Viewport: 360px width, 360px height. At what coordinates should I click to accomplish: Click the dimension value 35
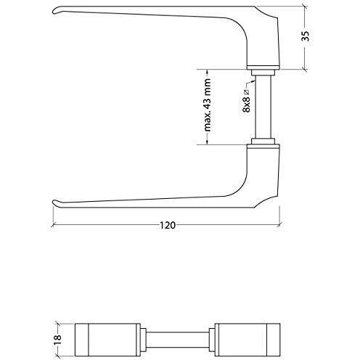306,36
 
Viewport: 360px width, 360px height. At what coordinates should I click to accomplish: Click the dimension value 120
168,226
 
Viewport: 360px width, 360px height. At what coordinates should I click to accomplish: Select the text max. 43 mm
208,105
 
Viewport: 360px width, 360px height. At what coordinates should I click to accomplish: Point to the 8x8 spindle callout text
246,103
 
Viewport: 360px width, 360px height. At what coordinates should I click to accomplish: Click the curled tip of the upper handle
54,12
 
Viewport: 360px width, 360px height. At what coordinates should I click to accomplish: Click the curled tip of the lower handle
54,202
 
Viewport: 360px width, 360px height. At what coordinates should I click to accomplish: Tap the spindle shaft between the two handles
263,107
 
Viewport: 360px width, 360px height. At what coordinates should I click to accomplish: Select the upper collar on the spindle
263,73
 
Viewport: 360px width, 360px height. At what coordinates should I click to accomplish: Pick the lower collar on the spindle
263,142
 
